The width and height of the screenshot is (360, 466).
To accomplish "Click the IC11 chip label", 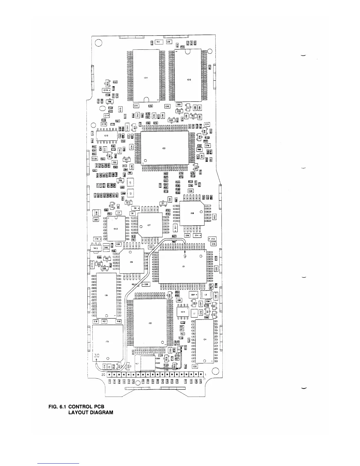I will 146,78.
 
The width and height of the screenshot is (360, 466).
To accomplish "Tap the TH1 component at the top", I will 158,42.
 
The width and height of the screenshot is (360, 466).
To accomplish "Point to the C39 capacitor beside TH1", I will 169,42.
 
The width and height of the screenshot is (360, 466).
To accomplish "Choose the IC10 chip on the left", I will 107,136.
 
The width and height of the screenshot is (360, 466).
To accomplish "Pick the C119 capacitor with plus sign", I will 106,90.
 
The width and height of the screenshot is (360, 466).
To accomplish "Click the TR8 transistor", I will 110,102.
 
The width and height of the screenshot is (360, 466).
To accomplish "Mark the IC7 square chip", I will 150,225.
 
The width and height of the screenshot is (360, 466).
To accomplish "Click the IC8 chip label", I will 192,213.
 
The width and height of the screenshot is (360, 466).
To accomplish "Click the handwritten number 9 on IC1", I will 185,256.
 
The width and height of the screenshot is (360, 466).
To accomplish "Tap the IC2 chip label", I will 150,323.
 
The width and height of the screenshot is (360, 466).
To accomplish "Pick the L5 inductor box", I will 206,294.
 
